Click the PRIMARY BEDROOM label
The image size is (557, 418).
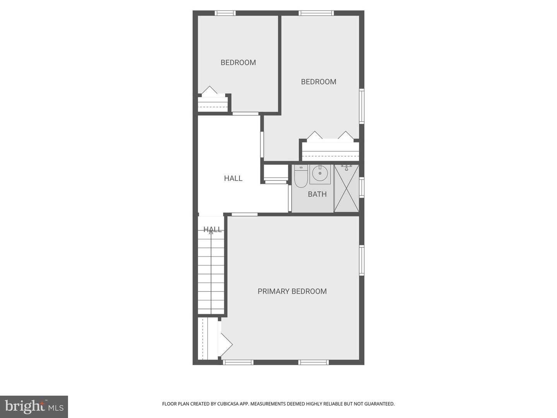(x=292, y=291)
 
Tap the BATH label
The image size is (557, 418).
(x=317, y=194)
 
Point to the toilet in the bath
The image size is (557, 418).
(x=301, y=176)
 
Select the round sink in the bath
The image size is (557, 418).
(x=320, y=173)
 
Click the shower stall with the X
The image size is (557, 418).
(x=346, y=188)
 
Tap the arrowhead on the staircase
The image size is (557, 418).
(x=211, y=232)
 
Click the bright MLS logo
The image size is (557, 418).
(x=34, y=407)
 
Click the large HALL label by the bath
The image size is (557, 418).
(x=233, y=178)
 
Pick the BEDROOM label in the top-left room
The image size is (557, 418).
(x=238, y=62)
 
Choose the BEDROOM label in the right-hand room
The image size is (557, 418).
(x=318, y=82)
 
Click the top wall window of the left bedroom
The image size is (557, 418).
(x=225, y=13)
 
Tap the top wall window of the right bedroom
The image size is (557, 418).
(x=316, y=13)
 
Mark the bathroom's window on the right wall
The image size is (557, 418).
(x=362, y=188)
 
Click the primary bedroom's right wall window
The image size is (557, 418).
(x=362, y=260)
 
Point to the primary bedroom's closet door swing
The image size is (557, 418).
(x=226, y=344)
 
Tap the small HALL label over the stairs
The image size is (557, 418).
(x=213, y=230)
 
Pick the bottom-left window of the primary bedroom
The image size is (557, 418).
(x=238, y=362)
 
